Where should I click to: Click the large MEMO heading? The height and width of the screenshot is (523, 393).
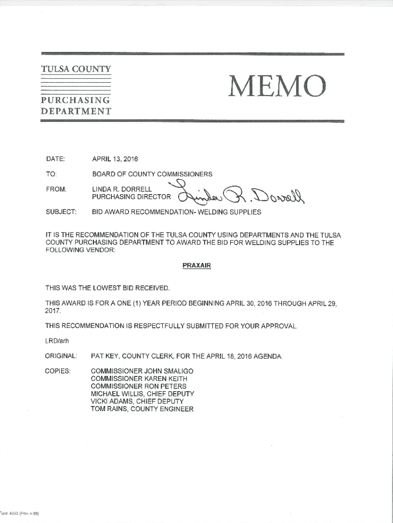click(x=277, y=86)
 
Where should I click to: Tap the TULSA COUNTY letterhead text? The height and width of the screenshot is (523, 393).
click(x=76, y=69)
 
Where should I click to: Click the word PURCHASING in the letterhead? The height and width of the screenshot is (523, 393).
click(x=76, y=100)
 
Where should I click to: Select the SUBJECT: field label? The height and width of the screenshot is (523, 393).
click(x=60, y=212)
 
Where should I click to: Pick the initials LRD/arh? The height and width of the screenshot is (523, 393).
click(x=56, y=341)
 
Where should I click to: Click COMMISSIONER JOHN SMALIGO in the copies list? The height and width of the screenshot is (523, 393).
click(x=142, y=371)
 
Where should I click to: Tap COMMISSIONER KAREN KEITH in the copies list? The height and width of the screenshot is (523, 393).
click(x=139, y=378)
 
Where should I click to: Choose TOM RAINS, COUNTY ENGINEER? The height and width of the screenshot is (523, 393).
click(x=142, y=409)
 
